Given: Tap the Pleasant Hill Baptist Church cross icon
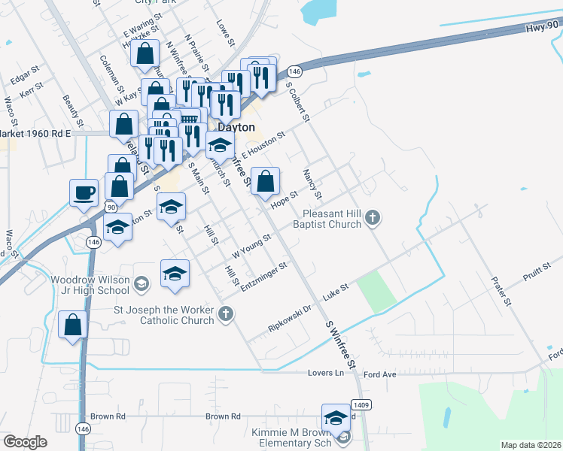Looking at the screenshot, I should pyautogui.click(x=372, y=219).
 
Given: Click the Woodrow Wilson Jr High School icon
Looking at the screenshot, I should pyautogui.click(x=142, y=284).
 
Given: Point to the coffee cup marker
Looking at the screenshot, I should pyautogui.click(x=84, y=192).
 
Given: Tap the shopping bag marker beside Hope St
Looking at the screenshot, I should pyautogui.click(x=265, y=181).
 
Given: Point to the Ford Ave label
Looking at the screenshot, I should pyautogui.click(x=379, y=374).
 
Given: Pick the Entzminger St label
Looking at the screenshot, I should pyautogui.click(x=263, y=277).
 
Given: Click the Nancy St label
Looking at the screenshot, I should pyautogui.click(x=312, y=183).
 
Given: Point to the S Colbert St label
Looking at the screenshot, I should pyautogui.click(x=299, y=101).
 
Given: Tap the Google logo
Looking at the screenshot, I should pyautogui.click(x=25, y=442).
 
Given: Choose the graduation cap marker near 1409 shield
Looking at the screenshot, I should pyautogui.click(x=336, y=418).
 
